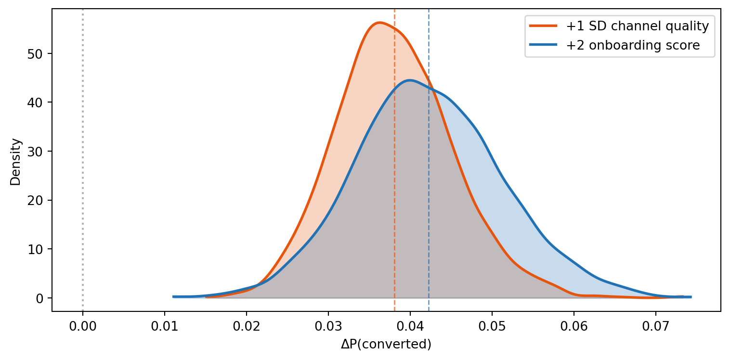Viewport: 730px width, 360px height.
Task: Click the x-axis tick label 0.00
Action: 83,326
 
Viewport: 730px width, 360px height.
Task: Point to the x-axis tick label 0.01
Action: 165,326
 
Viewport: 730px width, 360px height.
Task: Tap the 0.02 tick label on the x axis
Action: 247,326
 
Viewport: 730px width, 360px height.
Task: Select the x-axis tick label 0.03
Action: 328,326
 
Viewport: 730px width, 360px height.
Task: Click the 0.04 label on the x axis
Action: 410,326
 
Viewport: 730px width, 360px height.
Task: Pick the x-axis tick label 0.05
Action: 492,326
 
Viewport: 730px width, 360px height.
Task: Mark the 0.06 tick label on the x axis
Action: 574,326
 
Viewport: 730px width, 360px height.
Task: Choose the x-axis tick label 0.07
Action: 656,326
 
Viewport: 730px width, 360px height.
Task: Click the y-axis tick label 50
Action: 35,54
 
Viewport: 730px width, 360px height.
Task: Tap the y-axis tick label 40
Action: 35,103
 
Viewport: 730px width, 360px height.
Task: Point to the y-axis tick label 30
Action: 35,152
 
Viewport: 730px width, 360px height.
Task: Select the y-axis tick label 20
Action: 35,201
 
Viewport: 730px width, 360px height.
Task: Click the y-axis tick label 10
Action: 35,250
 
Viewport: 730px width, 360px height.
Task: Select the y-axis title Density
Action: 15,162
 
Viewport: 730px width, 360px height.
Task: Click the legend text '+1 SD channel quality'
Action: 638,26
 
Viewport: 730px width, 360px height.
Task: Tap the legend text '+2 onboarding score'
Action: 633,45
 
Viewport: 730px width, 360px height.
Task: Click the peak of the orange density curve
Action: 379,23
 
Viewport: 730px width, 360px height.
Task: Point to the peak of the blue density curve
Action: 410,80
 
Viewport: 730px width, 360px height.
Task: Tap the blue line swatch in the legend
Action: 543,45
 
